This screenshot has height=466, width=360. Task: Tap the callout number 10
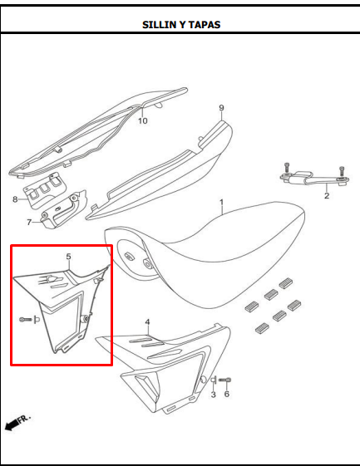tap(143, 121)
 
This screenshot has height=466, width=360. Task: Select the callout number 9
tap(221, 108)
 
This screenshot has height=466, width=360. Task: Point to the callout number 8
tap(15, 199)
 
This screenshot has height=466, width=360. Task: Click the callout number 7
tap(29, 222)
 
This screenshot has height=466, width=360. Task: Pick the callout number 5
tap(69, 257)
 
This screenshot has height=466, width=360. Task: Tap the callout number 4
tap(147, 322)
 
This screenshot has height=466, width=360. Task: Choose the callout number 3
tap(214, 395)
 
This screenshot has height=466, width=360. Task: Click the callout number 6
tap(227, 394)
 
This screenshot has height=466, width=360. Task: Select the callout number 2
tap(327, 195)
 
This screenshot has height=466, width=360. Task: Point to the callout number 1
tap(222, 203)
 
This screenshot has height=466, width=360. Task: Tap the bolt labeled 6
tap(225, 380)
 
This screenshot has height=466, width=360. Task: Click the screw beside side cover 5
tap(25, 320)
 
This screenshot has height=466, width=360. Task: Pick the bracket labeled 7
tap(64, 209)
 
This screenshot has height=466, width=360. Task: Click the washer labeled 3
tap(214, 380)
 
